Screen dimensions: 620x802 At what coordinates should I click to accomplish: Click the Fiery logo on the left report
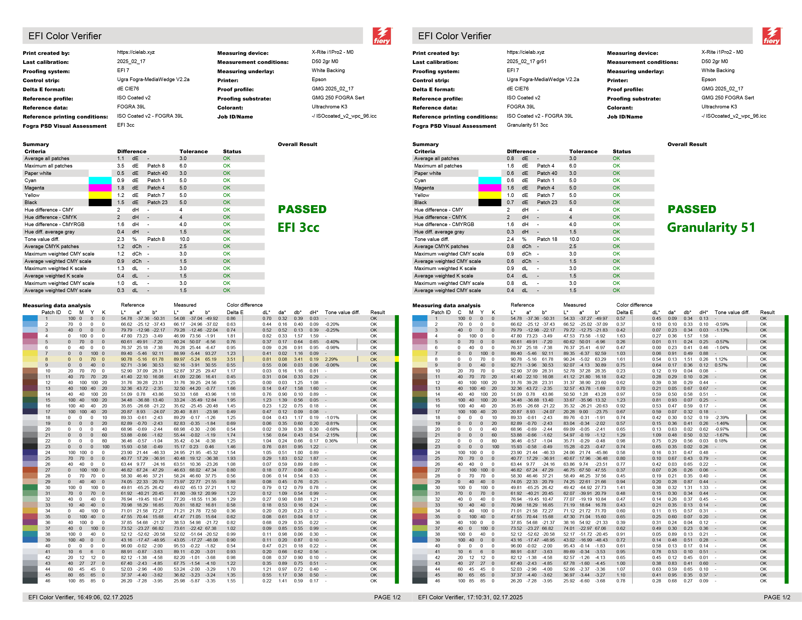382,36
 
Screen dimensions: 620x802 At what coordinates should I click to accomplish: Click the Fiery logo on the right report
772,36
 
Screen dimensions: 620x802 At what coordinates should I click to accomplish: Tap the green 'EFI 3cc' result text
298,228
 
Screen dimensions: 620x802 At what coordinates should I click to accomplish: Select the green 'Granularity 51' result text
711,228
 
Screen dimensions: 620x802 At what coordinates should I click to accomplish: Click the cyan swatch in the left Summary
100,180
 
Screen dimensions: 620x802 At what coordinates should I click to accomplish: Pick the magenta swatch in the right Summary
489,188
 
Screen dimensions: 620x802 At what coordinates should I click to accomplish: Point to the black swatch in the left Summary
100,202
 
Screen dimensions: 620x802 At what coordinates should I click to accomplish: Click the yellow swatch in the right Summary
489,195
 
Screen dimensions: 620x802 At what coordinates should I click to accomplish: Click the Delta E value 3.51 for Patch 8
231,359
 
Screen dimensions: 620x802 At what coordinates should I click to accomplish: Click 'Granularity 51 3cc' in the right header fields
527,125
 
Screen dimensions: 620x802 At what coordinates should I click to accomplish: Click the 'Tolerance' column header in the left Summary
194,151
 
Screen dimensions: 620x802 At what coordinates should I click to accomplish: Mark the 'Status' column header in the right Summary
622,151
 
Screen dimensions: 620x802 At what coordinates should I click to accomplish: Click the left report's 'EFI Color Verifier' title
65,36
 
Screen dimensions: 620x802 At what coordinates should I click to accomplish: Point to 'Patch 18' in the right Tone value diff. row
547,239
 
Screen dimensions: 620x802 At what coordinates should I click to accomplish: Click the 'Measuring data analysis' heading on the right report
446,305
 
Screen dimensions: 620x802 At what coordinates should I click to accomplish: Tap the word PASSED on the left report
302,209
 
